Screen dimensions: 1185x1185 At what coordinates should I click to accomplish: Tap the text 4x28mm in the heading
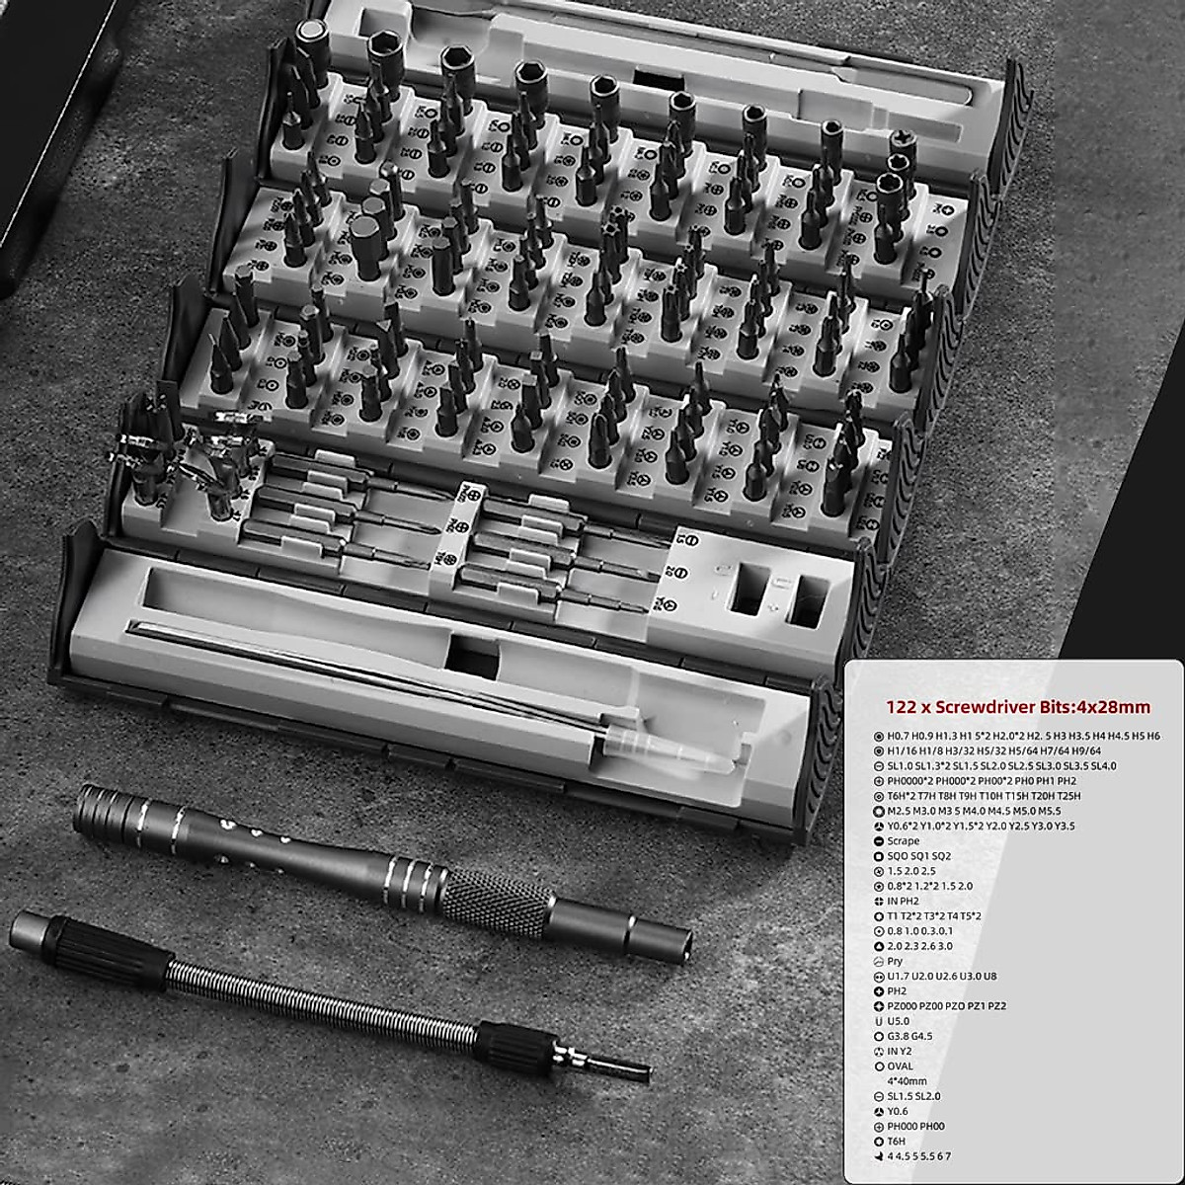click(x=1114, y=707)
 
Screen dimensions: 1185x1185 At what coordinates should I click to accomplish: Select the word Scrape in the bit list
click(x=903, y=841)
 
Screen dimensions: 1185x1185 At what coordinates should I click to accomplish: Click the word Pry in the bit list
click(x=895, y=961)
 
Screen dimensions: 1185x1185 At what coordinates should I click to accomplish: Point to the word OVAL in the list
click(x=900, y=1066)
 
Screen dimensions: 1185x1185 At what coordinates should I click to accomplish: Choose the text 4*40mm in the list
click(x=907, y=1081)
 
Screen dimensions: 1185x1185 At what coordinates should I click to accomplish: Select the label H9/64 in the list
click(x=1066, y=750)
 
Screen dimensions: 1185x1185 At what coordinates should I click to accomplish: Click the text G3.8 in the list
click(x=898, y=1036)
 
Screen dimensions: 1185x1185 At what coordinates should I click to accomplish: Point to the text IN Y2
click(x=900, y=1052)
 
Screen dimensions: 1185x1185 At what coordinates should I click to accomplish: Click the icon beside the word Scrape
click(x=878, y=841)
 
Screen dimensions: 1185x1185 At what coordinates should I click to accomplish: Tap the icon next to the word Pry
click(x=878, y=961)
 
